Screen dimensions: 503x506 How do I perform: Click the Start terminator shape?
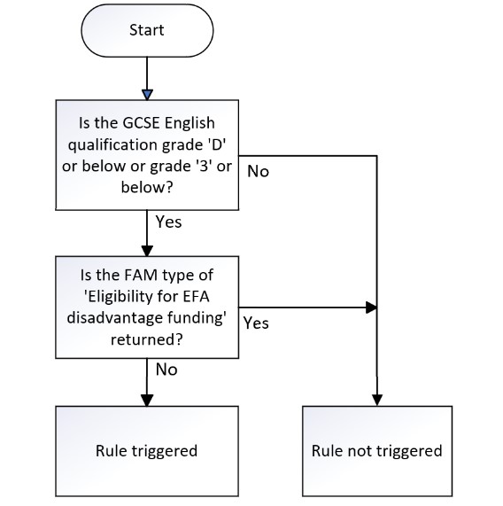pyautogui.click(x=147, y=31)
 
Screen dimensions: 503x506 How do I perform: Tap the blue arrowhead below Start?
pyautogui.click(x=147, y=95)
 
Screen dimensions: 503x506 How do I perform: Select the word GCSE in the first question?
pyautogui.click(x=141, y=123)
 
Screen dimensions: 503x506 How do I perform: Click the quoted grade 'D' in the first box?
pyautogui.click(x=215, y=144)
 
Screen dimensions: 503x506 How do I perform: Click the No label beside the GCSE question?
pyautogui.click(x=258, y=171)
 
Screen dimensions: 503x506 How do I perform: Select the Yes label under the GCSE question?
pyautogui.click(x=168, y=222)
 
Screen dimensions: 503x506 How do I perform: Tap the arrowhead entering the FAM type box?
pyautogui.click(x=147, y=251)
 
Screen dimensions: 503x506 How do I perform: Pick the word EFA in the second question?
pyautogui.click(x=197, y=297)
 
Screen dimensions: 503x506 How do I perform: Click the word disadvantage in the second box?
pyautogui.click(x=115, y=318)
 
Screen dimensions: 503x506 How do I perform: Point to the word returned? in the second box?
pyautogui.click(x=147, y=339)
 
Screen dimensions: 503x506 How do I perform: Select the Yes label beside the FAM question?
pyautogui.click(x=256, y=323)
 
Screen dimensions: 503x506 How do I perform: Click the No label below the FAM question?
pyautogui.click(x=166, y=370)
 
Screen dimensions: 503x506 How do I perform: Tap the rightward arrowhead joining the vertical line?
pyautogui.click(x=371, y=307)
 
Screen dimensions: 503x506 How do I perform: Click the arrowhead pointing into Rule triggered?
pyautogui.click(x=147, y=401)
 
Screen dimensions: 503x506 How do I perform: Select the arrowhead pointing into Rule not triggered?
pyautogui.click(x=377, y=401)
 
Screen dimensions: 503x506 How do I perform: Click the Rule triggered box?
pyautogui.click(x=147, y=451)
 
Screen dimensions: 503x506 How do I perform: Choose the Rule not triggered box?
pyautogui.click(x=377, y=451)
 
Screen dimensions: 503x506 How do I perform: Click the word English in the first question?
pyautogui.click(x=190, y=123)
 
